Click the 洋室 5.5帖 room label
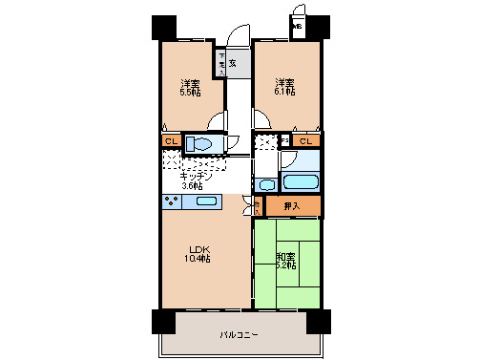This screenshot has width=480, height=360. (x=189, y=87)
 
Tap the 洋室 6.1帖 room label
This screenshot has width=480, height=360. (x=285, y=87)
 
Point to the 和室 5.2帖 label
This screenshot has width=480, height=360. (x=286, y=260)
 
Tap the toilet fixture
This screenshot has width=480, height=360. (x=202, y=144)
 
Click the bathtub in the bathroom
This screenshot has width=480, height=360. (x=302, y=181)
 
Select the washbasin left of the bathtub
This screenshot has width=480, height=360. (x=267, y=184)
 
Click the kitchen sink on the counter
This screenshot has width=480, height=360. (x=203, y=201)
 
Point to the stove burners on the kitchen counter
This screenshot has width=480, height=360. (x=172, y=201)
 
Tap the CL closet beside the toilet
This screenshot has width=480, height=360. (x=170, y=142)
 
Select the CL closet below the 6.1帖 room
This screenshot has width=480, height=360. (x=306, y=142)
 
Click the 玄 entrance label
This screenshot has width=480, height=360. (x=232, y=64)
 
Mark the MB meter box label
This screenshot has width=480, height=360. (x=296, y=27)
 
